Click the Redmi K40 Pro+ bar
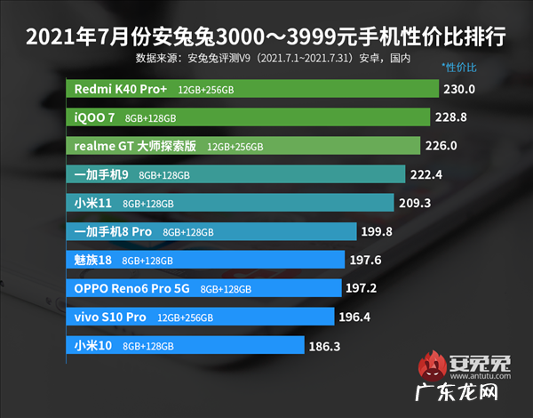[253, 90]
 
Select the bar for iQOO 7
[249, 117]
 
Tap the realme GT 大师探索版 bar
[243, 146]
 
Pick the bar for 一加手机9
[236, 174]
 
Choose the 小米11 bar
[231, 203]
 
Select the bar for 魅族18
[205, 260]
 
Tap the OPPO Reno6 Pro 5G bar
[204, 288]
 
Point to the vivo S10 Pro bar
[201, 317]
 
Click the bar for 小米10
[186, 345]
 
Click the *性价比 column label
[459, 68]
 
